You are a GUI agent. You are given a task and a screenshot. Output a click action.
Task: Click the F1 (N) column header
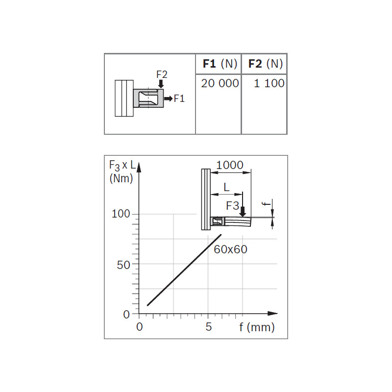point(220,64)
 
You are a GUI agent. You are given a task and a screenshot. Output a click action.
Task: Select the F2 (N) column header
point(266,64)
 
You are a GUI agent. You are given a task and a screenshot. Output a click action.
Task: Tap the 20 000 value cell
point(220,83)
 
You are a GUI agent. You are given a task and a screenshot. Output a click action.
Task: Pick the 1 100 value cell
point(269,83)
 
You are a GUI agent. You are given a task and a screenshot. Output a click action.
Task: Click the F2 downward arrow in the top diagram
point(161,84)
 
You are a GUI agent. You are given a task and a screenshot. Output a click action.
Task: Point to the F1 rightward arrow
point(168,98)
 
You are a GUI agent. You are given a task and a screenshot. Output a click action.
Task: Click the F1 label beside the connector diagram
point(179,98)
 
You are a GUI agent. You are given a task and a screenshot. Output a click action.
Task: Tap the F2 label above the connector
point(162,74)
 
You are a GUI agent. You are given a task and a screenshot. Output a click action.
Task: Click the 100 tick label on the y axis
point(121,214)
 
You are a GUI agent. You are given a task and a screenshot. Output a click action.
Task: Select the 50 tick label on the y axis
point(123,265)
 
